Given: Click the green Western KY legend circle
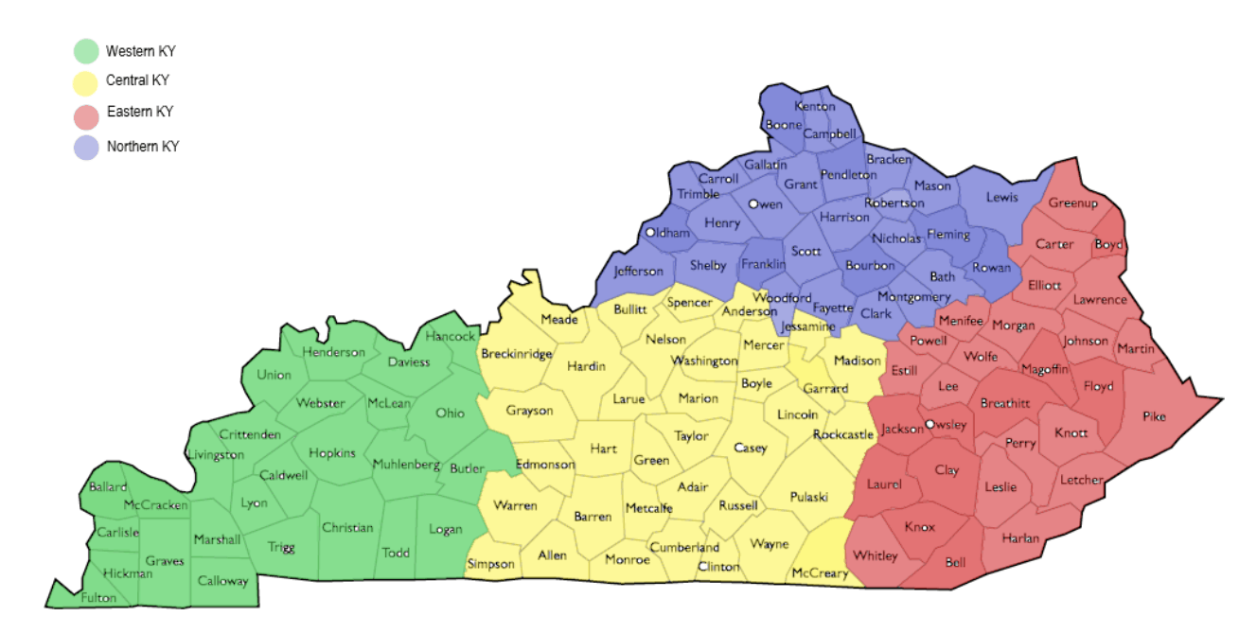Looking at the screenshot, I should tap(86, 51).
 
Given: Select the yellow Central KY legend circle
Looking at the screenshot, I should tap(86, 82).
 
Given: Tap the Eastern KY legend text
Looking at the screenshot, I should tap(140, 112).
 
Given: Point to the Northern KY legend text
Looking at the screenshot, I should tap(143, 147).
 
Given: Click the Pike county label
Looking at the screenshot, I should tap(1154, 416).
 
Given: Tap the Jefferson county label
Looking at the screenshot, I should tap(639, 272).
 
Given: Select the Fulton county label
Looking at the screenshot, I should tap(98, 598).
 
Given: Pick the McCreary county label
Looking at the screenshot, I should tap(820, 573).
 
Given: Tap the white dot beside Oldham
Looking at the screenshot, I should tap(650, 233).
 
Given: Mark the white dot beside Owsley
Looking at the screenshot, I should tap(929, 424).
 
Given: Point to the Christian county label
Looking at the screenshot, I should tap(347, 527).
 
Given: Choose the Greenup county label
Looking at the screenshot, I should tap(1072, 203).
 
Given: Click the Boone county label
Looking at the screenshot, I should tap(783, 125).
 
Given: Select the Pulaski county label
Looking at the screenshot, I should tap(808, 497).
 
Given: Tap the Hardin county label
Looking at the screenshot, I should tap(586, 366).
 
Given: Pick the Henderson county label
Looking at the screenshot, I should tap(333, 352).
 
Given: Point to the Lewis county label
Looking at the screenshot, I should tap(1002, 197).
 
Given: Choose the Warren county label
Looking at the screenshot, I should tap(515, 505).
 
